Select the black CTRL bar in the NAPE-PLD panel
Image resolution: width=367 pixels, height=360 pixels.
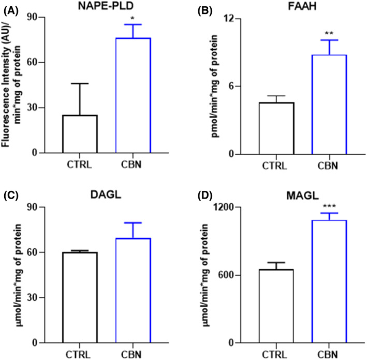pyautogui.click(x=80, y=134)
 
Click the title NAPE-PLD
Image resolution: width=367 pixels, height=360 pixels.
pyautogui.click(x=107, y=7)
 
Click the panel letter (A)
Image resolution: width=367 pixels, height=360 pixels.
pyautogui.click(x=11, y=6)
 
